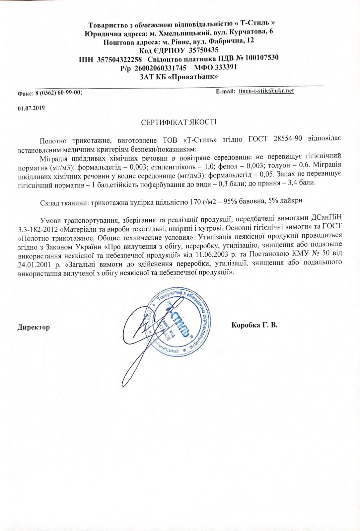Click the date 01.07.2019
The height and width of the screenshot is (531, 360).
point(31,108)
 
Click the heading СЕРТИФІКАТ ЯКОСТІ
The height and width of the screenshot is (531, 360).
point(179,122)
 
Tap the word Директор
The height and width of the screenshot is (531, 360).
point(34,327)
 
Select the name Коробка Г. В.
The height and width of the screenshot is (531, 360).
point(254,325)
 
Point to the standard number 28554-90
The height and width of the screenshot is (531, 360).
point(288,139)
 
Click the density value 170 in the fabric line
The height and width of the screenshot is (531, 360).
point(196,201)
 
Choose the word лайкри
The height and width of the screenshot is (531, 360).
point(292,201)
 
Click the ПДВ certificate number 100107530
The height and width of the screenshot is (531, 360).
point(261,58)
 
